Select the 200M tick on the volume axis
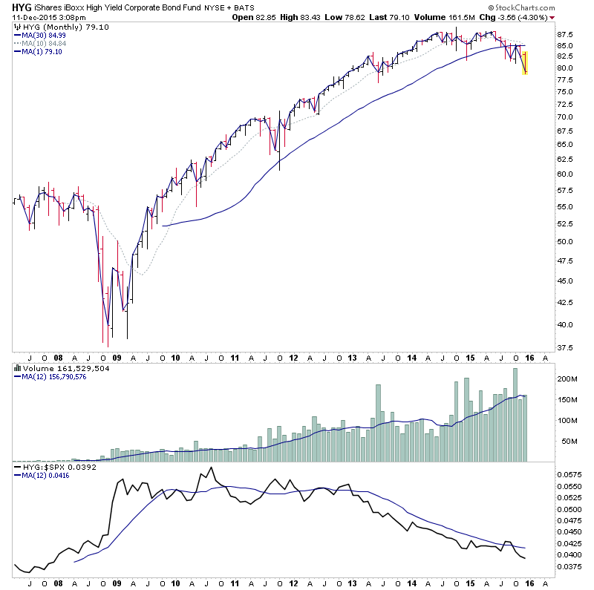coord(567,378)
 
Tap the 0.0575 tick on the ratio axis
coord(568,473)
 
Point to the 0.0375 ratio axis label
coord(568,567)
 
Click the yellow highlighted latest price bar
coord(526,63)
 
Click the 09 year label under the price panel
coord(117,357)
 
